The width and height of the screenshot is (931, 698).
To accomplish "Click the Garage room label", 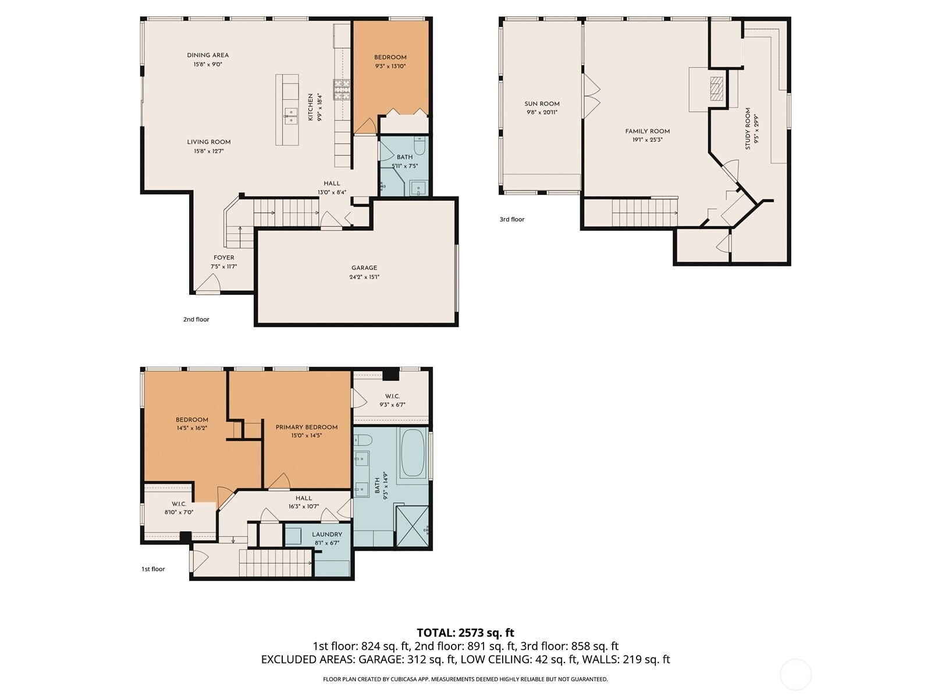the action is pyautogui.click(x=364, y=268).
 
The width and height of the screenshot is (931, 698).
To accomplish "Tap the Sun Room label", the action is pyautogui.click(x=542, y=104).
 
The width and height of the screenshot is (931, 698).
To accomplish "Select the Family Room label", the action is pyautogui.click(x=647, y=131).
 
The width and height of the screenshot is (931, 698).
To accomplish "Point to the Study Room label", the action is pyautogui.click(x=748, y=129).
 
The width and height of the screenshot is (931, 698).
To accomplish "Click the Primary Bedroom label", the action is pyautogui.click(x=307, y=427).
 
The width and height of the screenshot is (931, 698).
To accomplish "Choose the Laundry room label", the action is pyautogui.click(x=327, y=535).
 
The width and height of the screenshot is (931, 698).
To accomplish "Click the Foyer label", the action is pyautogui.click(x=223, y=258).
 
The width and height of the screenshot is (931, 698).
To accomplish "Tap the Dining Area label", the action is pyautogui.click(x=208, y=55).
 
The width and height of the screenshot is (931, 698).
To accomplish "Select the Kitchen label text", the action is pyautogui.click(x=311, y=107).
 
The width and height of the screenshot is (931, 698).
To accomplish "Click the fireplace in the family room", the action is pyautogui.click(x=716, y=88).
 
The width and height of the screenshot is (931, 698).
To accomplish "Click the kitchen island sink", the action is pyautogui.click(x=290, y=116).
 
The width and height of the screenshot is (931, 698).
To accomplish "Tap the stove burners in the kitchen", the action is pyautogui.click(x=342, y=90).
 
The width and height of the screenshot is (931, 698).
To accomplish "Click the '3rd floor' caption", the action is pyautogui.click(x=512, y=219).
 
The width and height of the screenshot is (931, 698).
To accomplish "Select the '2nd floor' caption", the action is pyautogui.click(x=196, y=319).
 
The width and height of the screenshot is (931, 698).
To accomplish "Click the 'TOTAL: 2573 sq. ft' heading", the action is pyautogui.click(x=465, y=633).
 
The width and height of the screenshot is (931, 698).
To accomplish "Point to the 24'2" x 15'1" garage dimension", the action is pyautogui.click(x=364, y=277).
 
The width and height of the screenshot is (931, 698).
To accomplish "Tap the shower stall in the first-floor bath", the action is pyautogui.click(x=413, y=526).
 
